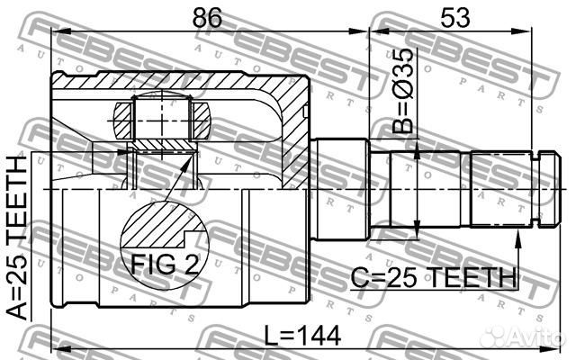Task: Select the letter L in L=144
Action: (272, 337)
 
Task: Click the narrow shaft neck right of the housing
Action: (341, 189)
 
